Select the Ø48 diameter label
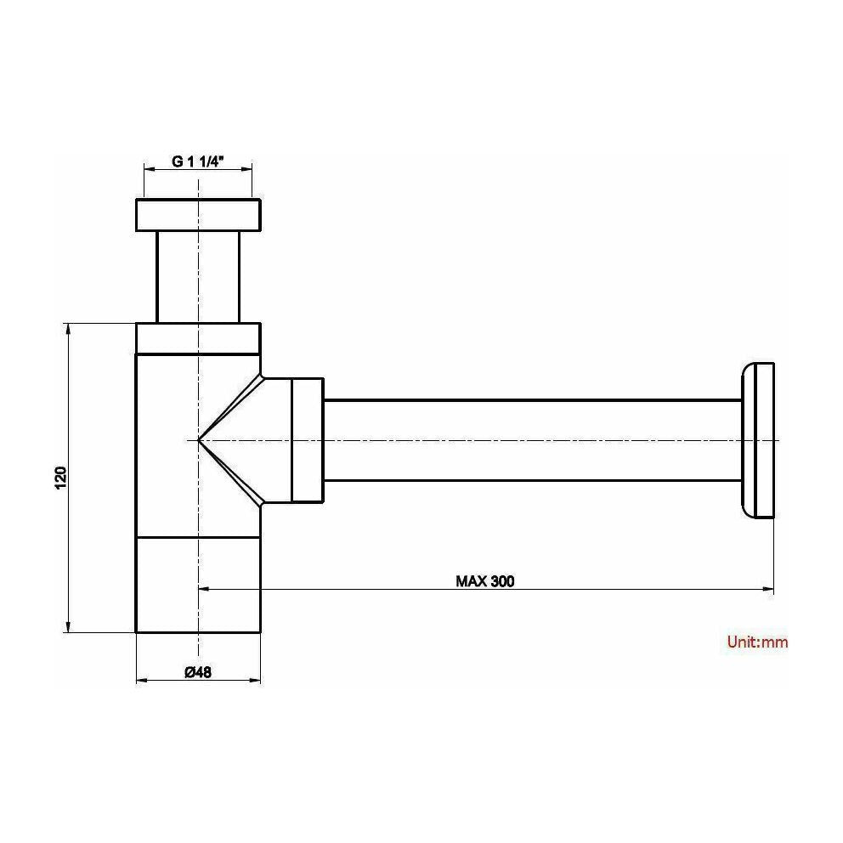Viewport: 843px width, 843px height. click(197, 671)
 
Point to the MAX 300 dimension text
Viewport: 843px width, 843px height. click(485, 581)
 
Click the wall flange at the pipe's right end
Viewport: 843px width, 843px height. click(758, 439)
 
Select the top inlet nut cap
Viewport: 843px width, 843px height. click(198, 215)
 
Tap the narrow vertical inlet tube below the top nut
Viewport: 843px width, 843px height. click(198, 276)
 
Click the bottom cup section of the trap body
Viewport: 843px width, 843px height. click(198, 585)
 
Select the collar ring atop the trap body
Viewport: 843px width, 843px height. click(198, 337)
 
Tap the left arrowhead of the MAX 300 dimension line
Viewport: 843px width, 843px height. click(204, 589)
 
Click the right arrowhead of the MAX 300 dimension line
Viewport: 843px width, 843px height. click(768, 589)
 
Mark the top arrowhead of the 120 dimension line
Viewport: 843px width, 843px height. click(66, 328)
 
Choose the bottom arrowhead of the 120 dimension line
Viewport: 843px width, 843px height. click(66, 627)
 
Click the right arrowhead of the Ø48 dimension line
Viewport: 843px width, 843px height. click(256, 681)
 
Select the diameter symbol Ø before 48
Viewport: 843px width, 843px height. click(189, 671)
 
